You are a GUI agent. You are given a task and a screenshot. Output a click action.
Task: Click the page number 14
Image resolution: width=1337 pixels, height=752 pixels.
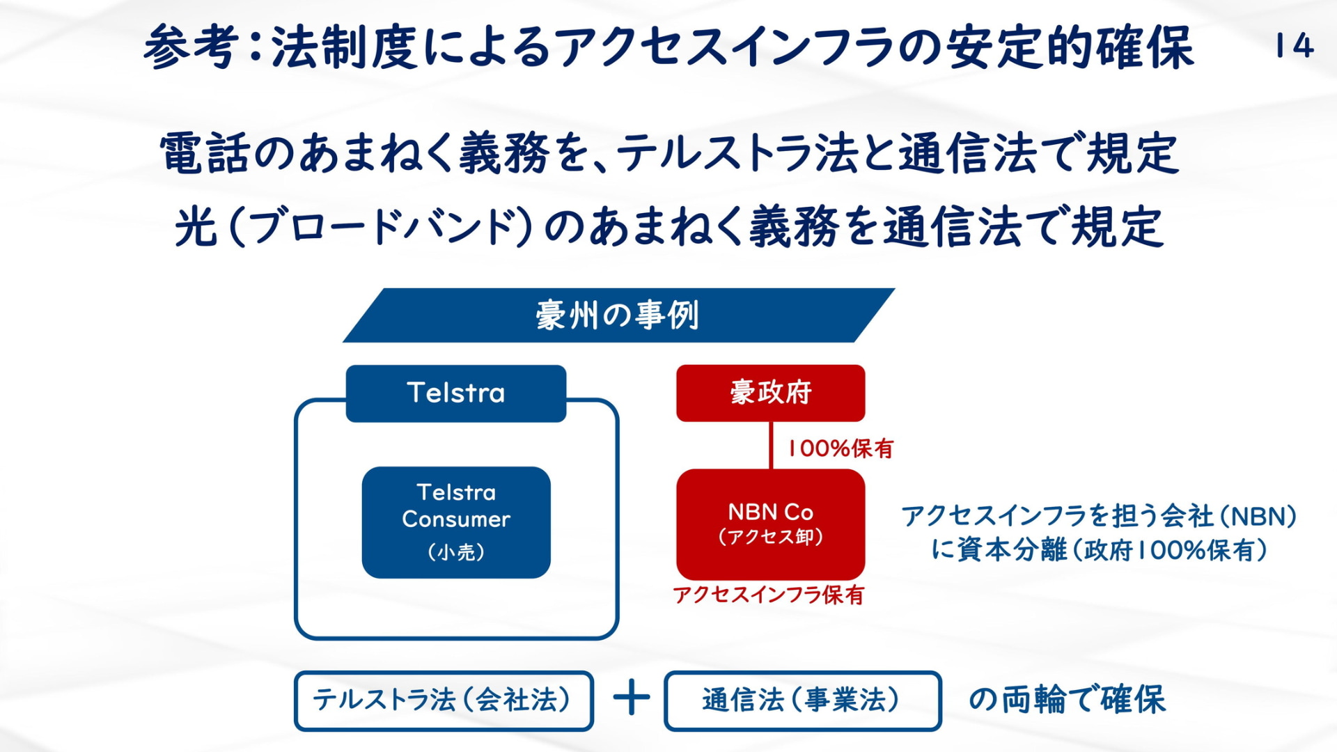coord(1295,46)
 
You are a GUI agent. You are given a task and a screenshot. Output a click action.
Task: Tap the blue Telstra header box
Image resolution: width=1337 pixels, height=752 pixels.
coord(456,393)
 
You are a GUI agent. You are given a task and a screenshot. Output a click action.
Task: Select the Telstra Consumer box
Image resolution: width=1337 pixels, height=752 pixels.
coord(456,522)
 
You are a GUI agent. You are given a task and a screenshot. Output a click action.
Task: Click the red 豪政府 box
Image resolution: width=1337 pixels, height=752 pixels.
coord(771,393)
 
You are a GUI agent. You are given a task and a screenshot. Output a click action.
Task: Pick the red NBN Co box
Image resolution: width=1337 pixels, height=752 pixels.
coord(771,524)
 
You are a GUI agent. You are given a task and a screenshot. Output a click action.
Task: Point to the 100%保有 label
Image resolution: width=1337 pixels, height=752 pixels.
coord(840,448)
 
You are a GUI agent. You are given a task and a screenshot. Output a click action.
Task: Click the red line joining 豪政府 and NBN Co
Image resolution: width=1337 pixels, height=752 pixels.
coord(771,445)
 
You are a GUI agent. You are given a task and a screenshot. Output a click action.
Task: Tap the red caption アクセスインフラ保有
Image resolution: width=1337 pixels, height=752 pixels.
coord(769,595)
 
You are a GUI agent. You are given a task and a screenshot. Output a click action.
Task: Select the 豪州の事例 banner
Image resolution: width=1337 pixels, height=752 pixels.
coord(618,315)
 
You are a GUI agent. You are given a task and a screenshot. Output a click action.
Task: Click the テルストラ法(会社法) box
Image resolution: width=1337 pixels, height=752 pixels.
coord(444,700)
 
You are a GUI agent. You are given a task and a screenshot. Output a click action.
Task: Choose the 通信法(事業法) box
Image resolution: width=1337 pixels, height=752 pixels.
coord(803,700)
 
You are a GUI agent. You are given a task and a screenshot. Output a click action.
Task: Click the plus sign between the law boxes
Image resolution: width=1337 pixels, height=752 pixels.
coord(632,698)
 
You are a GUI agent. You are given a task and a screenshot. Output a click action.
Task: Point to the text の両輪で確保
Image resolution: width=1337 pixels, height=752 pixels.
coord(1067,699)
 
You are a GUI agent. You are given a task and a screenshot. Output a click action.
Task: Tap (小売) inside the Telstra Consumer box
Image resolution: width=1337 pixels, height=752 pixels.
coord(456,552)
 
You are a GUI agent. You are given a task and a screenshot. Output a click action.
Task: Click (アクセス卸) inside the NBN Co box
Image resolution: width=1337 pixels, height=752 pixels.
coord(771,537)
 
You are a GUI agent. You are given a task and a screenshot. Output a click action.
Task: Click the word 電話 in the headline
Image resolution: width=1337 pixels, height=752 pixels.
coord(205,153)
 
